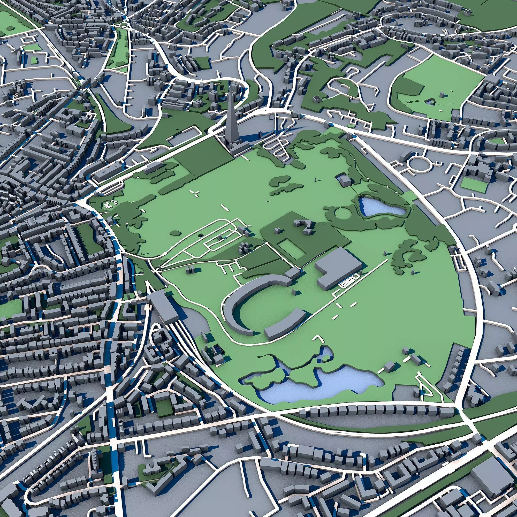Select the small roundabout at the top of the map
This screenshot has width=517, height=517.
pyautogui.click(x=124, y=25)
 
